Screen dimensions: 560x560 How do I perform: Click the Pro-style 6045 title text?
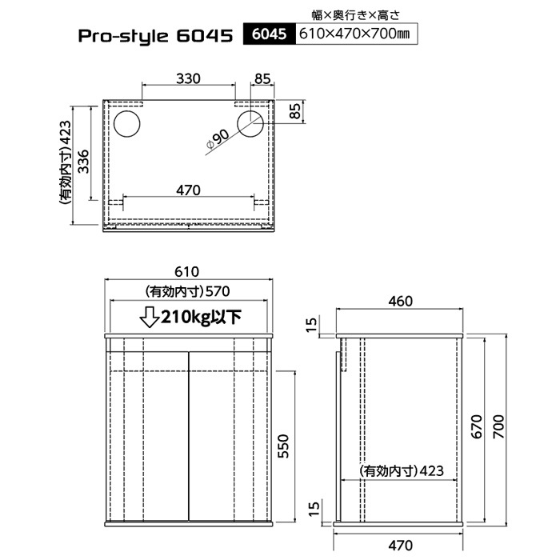[x=155, y=36]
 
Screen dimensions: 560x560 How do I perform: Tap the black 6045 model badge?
[x=270, y=34]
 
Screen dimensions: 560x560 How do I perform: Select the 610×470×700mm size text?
[x=354, y=34]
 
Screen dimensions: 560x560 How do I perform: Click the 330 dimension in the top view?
[x=188, y=78]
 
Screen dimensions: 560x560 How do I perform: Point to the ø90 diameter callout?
[x=218, y=140]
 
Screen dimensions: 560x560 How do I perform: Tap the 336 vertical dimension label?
[x=83, y=162]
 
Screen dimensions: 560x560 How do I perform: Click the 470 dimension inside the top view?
[x=188, y=190]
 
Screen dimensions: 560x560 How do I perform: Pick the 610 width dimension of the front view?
[x=186, y=272]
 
